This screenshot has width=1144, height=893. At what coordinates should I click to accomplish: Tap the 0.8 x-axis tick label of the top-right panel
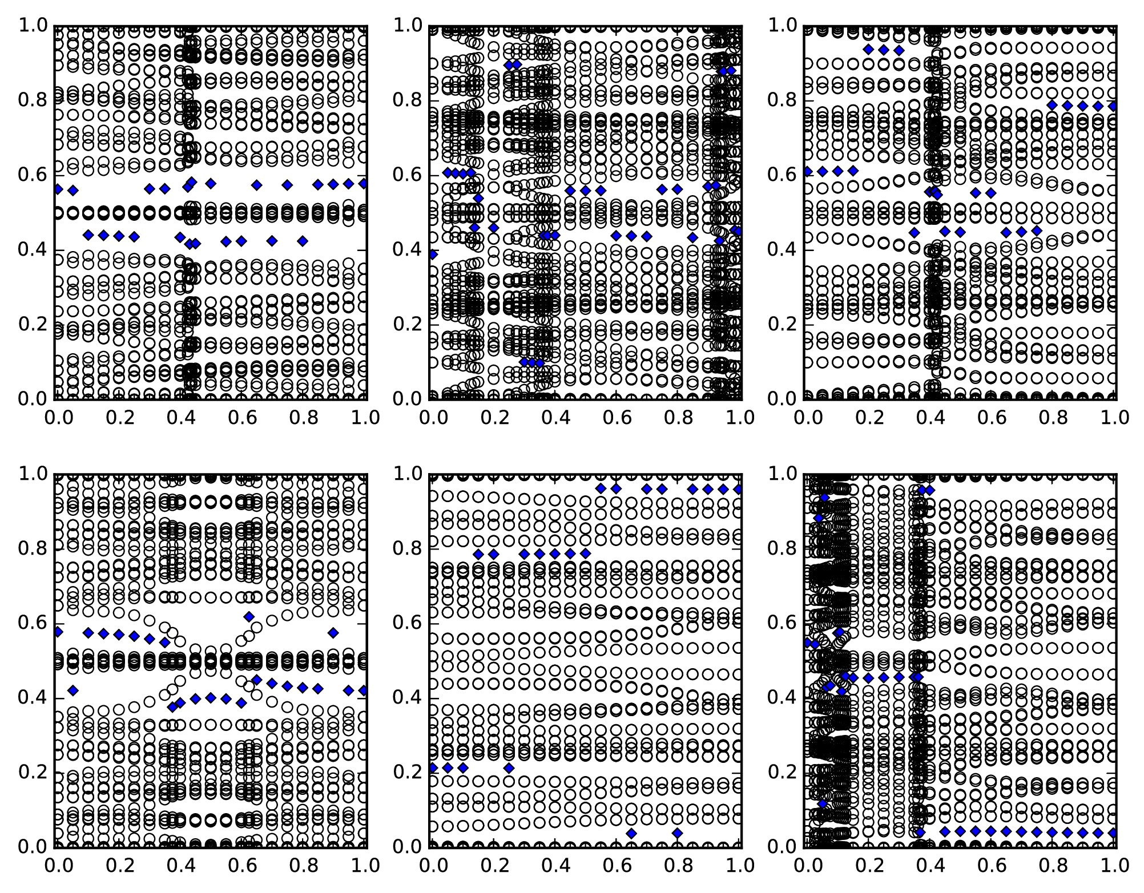click(x=1054, y=417)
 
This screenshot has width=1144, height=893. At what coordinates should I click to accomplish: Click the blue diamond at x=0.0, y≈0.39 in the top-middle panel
click(x=433, y=254)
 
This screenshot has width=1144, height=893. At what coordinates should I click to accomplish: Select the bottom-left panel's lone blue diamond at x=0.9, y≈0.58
click(x=333, y=632)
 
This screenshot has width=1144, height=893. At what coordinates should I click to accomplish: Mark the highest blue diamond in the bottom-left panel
click(x=249, y=616)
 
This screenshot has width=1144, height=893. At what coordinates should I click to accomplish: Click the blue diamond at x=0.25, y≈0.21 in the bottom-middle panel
click(x=509, y=767)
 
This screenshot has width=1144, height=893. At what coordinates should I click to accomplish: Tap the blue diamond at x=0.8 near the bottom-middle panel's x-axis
click(x=677, y=833)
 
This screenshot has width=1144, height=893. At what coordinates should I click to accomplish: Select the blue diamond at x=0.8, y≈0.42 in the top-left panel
click(x=303, y=241)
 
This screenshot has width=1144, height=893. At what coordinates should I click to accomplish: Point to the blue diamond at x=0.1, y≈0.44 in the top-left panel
click(x=88, y=235)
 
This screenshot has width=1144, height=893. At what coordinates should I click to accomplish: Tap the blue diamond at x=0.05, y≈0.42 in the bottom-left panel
click(x=72, y=690)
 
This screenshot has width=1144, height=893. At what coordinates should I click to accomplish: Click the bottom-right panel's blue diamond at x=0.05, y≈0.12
click(x=822, y=803)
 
